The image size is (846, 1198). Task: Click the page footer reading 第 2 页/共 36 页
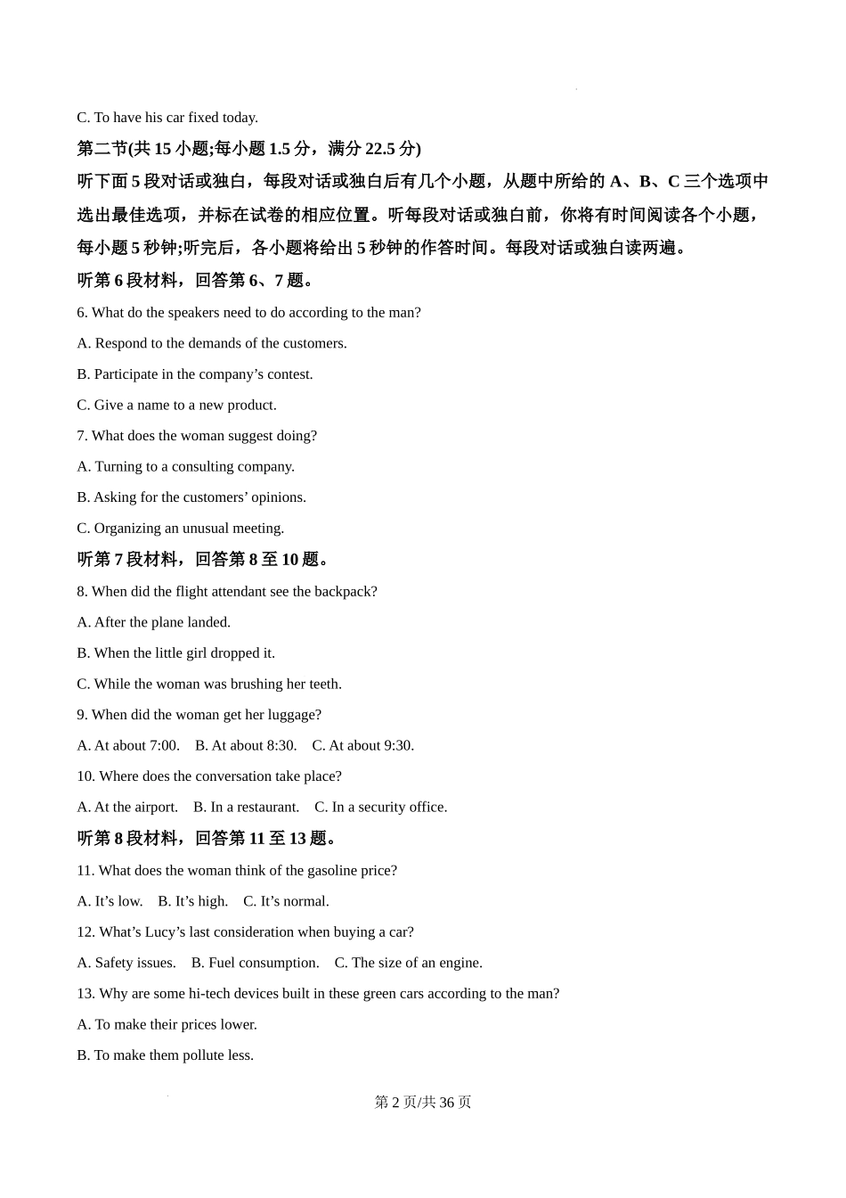coord(423,1102)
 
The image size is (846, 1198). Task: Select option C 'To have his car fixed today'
coord(167,118)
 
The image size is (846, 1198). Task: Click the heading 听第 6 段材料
coord(196,281)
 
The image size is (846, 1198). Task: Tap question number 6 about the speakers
coord(248,313)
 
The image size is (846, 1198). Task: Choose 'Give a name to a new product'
coord(176,405)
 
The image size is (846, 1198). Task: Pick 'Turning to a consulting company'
coord(185,466)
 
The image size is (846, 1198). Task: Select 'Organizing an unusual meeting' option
coord(181,528)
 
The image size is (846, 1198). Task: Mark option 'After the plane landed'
coord(154,622)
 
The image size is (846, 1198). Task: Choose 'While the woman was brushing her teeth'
coord(209,684)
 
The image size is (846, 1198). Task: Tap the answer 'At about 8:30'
coord(246,745)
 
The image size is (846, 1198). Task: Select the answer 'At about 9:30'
coord(363,745)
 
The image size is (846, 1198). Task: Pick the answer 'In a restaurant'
coord(246,807)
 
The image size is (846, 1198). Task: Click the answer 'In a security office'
coord(381,807)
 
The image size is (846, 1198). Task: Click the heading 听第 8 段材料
coord(207,839)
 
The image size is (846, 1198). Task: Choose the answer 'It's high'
coord(193,901)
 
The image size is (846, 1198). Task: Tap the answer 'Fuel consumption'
coord(256,963)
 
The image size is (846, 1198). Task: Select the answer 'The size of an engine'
coord(409,963)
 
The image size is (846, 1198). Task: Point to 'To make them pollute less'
coord(166,1055)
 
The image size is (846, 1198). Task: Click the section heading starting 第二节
coord(249,149)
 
